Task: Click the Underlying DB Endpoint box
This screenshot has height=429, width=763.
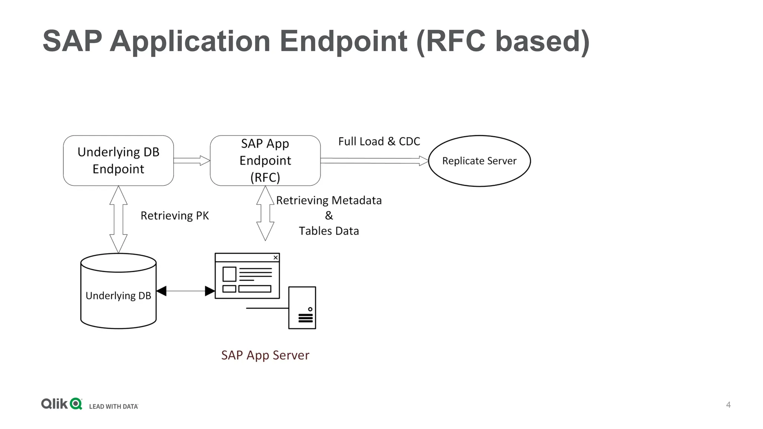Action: (x=118, y=161)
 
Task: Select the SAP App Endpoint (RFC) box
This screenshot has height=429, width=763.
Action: (x=265, y=161)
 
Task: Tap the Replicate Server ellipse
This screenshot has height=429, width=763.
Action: (x=479, y=161)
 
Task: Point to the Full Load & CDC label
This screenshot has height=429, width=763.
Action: (x=379, y=142)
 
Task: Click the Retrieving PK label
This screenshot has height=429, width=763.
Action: (x=174, y=216)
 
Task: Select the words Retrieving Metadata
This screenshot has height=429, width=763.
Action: (x=329, y=200)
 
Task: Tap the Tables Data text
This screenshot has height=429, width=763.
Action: (x=329, y=231)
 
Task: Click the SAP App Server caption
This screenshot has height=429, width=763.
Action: (x=265, y=355)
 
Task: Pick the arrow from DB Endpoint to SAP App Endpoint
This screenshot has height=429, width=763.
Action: (x=191, y=161)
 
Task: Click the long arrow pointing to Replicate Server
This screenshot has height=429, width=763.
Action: (x=374, y=161)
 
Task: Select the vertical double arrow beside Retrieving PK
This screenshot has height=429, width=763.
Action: (x=118, y=219)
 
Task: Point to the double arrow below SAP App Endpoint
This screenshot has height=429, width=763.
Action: (x=265, y=213)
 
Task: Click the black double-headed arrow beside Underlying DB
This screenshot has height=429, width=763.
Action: (x=185, y=291)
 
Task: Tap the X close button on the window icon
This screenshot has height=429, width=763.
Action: (x=276, y=257)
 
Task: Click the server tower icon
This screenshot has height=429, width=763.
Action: (x=302, y=308)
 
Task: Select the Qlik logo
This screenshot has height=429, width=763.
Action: (x=61, y=404)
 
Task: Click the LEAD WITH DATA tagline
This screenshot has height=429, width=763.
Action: (x=113, y=406)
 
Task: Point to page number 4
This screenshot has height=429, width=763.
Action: (x=728, y=405)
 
